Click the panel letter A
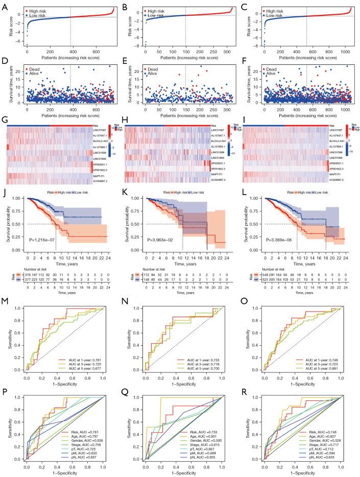(4, 4)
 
